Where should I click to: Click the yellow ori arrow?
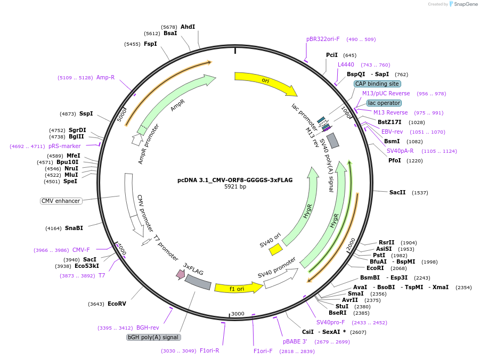[x=265, y=82]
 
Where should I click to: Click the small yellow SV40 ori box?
[x=275, y=249]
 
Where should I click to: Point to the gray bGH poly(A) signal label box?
[x=153, y=337]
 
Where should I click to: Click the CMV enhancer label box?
[x=61, y=201]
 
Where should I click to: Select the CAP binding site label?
[x=377, y=84]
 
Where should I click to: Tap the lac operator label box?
[x=384, y=103]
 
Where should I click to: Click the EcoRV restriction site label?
[x=117, y=304]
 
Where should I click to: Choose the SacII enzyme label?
[x=397, y=193]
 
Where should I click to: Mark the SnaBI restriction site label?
[x=74, y=228]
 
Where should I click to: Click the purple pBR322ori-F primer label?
[x=323, y=39]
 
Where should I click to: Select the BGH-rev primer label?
[x=148, y=328]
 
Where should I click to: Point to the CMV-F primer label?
[x=81, y=250]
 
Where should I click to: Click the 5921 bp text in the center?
[x=235, y=187]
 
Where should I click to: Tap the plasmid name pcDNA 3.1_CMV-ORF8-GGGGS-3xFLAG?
[x=235, y=180]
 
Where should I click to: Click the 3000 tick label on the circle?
[x=238, y=314]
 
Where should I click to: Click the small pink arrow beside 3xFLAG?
[x=180, y=274]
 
